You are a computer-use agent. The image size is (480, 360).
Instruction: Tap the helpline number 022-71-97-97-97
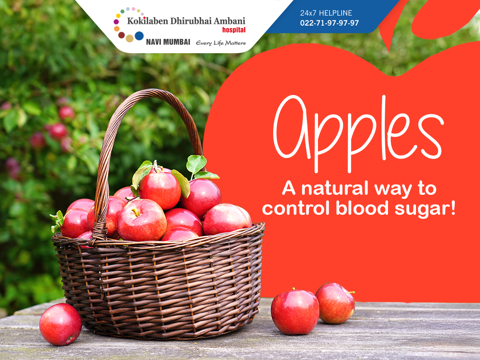[x=329, y=23]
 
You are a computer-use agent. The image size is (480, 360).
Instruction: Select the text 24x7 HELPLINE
[x=326, y=13]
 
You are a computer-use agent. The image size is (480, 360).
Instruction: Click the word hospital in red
[x=234, y=30]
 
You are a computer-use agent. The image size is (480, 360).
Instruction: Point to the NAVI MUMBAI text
[x=168, y=42]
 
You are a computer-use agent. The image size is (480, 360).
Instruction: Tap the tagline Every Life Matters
[x=221, y=43]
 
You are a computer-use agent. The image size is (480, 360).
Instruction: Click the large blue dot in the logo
[x=139, y=36]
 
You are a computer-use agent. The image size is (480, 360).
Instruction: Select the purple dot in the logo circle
[x=116, y=22]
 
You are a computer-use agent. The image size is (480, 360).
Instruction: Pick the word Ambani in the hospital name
[x=229, y=21]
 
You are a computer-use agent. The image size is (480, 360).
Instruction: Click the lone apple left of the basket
[x=60, y=324]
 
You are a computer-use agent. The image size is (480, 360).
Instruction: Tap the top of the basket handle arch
[x=151, y=92]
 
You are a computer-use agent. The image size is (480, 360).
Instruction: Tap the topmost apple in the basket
[x=160, y=190]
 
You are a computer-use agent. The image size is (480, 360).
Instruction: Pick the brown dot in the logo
[x=122, y=35]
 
